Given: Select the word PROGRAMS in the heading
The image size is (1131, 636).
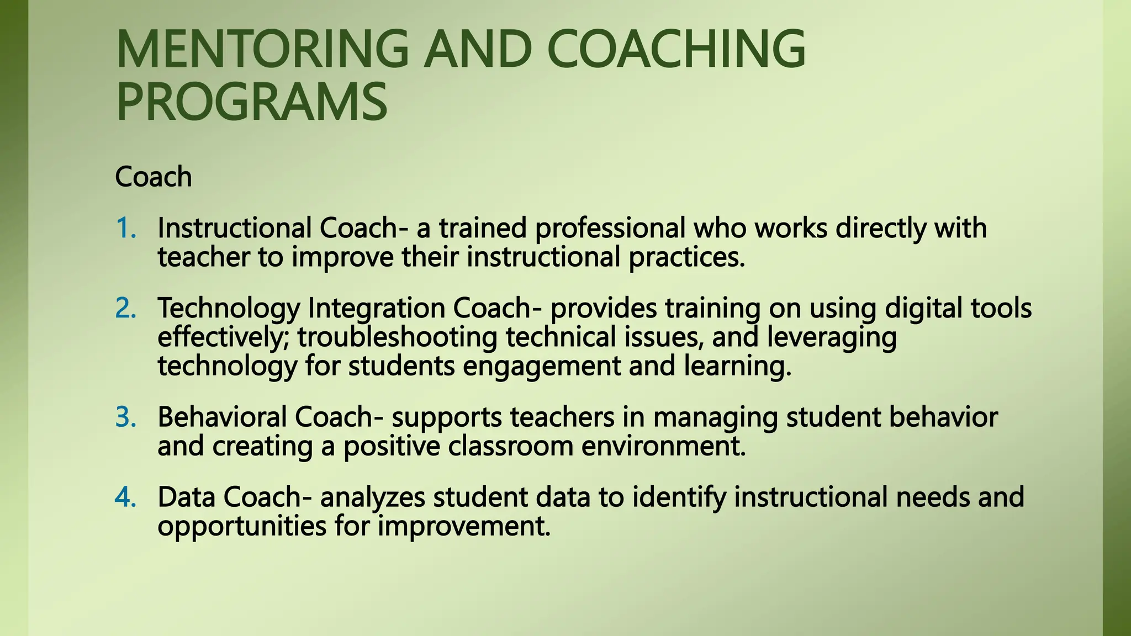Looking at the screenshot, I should click(x=252, y=102).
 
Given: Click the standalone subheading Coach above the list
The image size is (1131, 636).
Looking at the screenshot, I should click(x=154, y=177).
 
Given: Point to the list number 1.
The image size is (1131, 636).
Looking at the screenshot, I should click(x=125, y=228).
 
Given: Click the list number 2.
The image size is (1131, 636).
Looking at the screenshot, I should click(x=125, y=308).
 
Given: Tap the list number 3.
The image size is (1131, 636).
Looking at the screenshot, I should click(x=125, y=417).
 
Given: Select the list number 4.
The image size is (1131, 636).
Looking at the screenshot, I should click(x=125, y=497).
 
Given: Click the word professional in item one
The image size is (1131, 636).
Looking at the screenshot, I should click(x=610, y=228).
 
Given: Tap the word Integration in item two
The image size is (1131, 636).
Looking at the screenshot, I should click(x=376, y=308).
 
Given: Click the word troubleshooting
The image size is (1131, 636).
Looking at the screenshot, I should click(x=397, y=337).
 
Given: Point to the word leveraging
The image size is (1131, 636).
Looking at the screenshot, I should click(x=832, y=337).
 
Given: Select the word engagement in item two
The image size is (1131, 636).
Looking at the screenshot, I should click(x=542, y=366).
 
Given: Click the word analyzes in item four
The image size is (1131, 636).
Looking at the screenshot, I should click(x=373, y=497).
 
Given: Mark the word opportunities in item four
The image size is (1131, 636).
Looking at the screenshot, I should click(x=242, y=526).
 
